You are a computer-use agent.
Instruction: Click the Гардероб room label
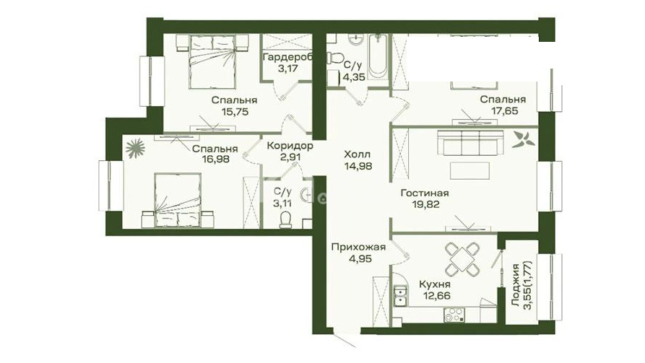[x=287, y=57]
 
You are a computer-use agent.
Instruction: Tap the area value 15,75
[x=235, y=111]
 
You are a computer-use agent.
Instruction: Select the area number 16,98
[x=215, y=159]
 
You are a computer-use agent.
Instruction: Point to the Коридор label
[x=290, y=146]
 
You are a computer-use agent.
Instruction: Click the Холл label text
[x=357, y=154]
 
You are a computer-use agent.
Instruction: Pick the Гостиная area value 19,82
[x=425, y=204]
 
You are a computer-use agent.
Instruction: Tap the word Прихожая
[x=358, y=247]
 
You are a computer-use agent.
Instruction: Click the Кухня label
[x=435, y=284]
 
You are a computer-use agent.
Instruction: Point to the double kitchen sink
[x=400, y=297]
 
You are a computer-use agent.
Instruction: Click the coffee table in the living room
[x=469, y=170]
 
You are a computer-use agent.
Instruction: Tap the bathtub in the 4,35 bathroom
[x=378, y=57]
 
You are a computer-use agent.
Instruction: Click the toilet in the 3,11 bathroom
[x=285, y=219]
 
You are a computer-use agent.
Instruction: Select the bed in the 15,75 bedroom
[x=212, y=61]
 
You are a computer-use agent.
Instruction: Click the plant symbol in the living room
[x=523, y=139]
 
